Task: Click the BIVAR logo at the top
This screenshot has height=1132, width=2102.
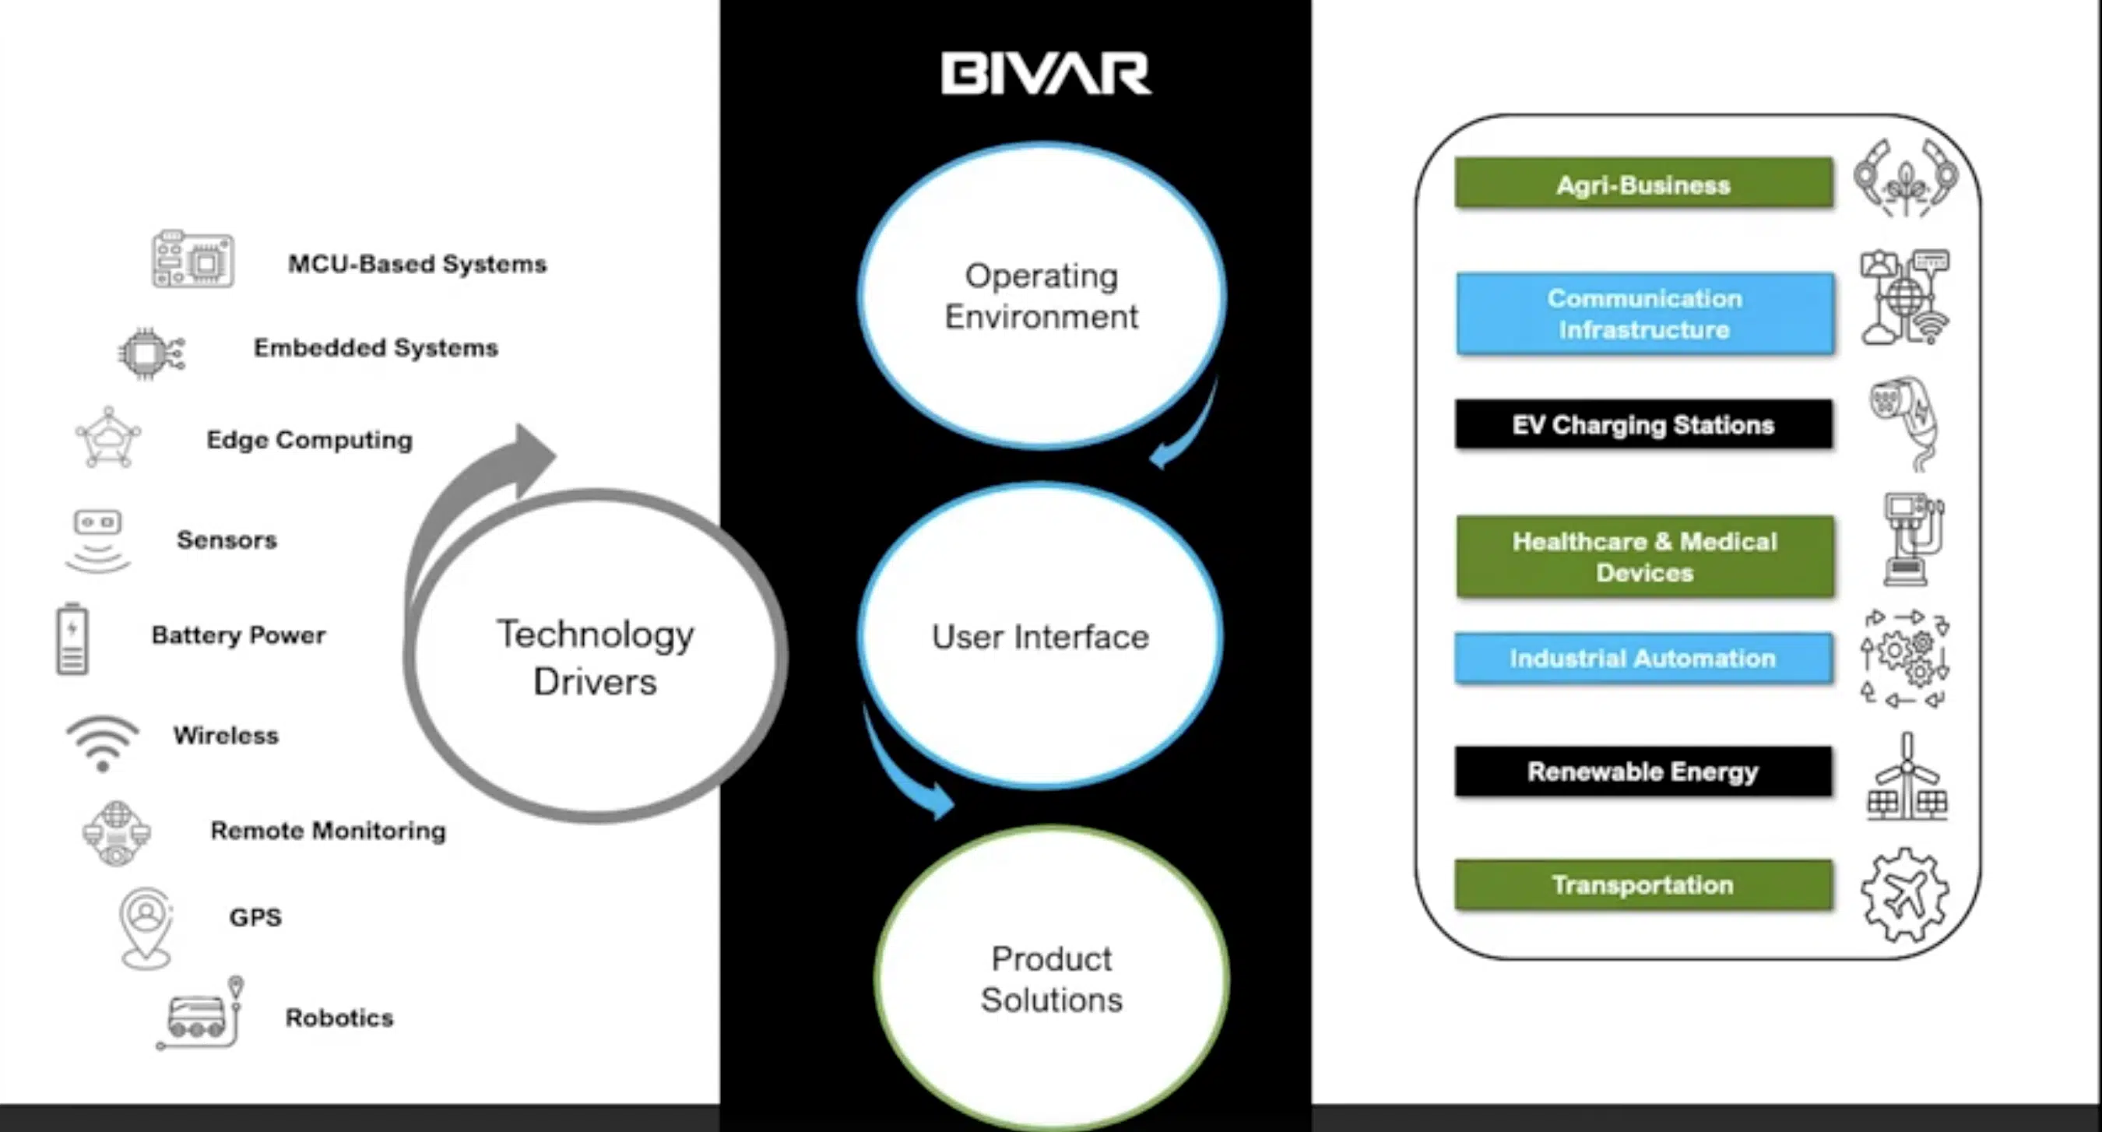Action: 1046,73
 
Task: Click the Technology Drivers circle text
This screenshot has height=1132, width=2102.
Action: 596,658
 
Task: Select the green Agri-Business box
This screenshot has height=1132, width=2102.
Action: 1643,184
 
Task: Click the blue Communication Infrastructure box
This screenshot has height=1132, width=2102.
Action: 1645,314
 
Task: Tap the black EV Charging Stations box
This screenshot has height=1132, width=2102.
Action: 1643,424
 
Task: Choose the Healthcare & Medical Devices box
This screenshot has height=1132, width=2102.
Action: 1645,557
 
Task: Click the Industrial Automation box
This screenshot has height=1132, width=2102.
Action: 1643,658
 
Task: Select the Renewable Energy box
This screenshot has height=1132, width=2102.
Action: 1643,772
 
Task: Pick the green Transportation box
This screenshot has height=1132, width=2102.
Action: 1643,884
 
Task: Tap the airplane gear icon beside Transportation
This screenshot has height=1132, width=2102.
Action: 1905,895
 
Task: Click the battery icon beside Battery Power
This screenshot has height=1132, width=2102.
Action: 72,639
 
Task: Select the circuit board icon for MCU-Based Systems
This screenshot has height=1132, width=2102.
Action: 192,258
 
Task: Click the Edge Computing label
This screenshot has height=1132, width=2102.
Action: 309,440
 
